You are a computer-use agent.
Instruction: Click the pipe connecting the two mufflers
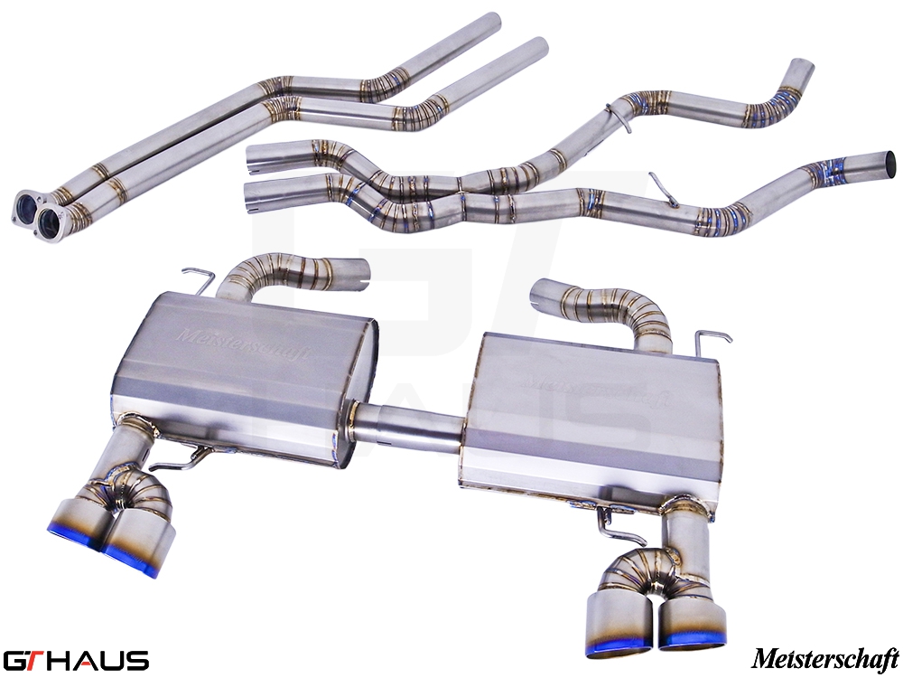coord(410,424)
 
